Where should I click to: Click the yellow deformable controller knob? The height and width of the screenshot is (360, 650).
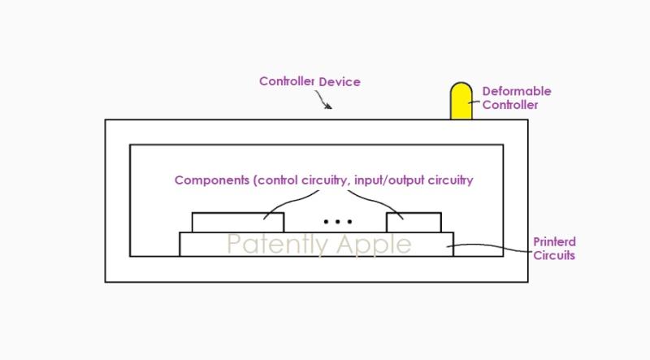[461, 101]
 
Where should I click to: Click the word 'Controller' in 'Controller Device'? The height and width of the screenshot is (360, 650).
[287, 81]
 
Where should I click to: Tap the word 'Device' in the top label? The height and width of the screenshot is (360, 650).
[340, 81]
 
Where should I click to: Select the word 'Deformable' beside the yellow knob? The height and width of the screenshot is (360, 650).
[516, 91]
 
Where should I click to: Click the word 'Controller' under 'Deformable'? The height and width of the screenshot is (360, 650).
[510, 105]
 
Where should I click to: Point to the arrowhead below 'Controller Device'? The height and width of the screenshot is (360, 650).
[328, 106]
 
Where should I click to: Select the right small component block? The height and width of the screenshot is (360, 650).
[414, 222]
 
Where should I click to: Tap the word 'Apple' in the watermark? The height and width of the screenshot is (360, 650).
[372, 244]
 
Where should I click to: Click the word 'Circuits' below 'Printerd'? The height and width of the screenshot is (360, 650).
[555, 255]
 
